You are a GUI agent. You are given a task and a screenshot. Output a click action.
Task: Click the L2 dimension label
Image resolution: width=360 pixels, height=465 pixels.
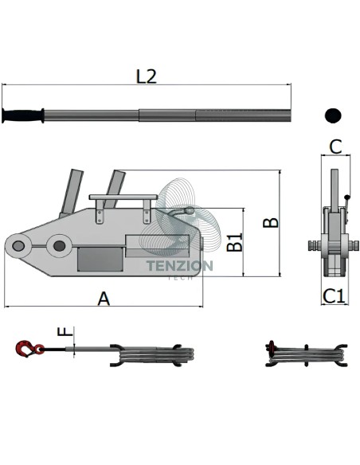pos(146,76)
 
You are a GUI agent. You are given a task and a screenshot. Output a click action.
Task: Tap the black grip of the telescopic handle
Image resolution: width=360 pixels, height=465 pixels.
pos(23,115)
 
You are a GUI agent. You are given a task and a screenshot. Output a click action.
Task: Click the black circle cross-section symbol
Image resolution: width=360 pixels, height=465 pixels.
pos(333,115)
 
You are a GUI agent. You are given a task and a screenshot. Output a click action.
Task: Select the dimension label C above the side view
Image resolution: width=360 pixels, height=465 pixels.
pos(335,147)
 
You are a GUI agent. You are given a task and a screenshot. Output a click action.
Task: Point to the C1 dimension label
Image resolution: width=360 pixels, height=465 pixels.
pos(335,296)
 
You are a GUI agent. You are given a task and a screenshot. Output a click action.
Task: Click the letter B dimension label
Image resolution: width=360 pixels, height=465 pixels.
pos(271,223)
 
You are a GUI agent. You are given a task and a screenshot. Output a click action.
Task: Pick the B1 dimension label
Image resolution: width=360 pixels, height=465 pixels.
pos(235,242)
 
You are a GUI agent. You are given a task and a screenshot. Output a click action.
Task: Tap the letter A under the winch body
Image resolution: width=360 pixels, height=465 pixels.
pos(104,299)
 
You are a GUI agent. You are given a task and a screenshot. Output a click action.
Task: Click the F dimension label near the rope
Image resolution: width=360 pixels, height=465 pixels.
pos(65,331)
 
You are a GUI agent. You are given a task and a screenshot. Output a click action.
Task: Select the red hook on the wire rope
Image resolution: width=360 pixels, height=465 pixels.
pos(29,349)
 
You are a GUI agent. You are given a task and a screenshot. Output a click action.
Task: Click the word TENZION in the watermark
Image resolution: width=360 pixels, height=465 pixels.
pos(180,265)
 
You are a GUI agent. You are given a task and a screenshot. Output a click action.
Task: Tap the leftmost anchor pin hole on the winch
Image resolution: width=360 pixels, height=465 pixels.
pos(18,246)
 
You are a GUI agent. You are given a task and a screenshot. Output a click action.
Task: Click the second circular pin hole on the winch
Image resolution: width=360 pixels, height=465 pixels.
pos(59,246)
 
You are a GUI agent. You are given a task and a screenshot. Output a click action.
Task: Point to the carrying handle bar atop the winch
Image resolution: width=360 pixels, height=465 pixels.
pos(123,197)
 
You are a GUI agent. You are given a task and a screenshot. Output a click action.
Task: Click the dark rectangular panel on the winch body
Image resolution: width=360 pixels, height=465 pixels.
pos(100,260)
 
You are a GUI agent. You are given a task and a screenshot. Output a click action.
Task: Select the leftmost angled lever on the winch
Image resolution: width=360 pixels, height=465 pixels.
pos(71,192)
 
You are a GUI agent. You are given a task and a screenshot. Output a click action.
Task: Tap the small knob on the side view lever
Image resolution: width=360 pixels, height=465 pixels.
pos(346,197)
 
